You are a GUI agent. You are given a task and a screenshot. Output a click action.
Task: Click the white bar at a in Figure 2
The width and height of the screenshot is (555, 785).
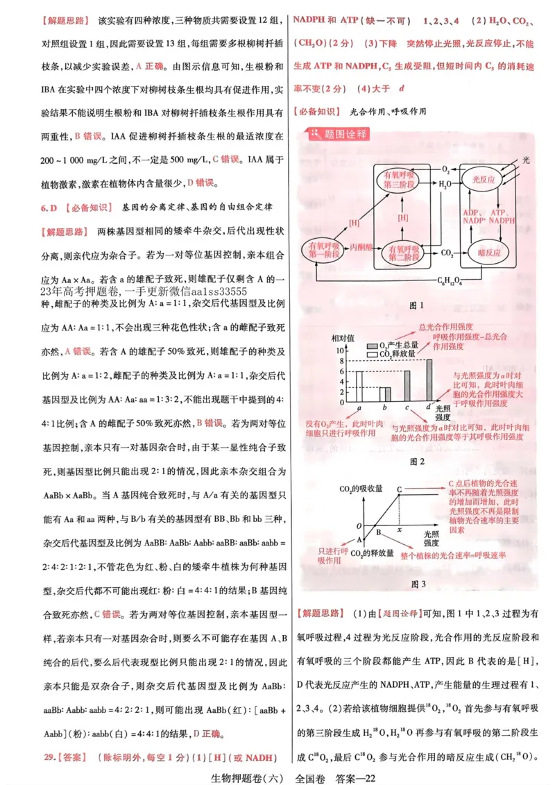360,386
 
